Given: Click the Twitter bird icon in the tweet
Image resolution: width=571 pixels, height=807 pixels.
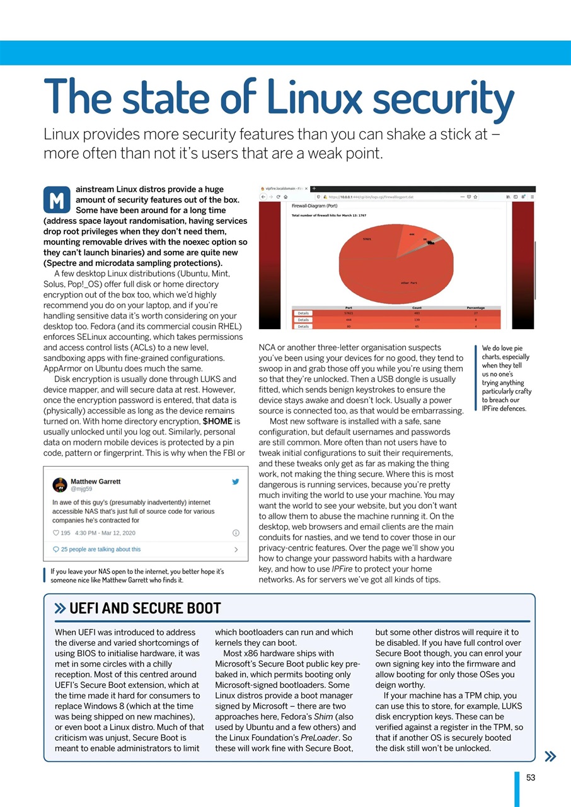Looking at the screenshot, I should pyautogui.click(x=236, y=482).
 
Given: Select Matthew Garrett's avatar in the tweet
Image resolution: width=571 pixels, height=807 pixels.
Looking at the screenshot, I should pyautogui.click(x=60, y=484).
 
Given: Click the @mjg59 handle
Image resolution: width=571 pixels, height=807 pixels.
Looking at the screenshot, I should pyautogui.click(x=82, y=489).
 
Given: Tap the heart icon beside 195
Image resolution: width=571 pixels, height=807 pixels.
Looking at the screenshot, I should pyautogui.click(x=55, y=533).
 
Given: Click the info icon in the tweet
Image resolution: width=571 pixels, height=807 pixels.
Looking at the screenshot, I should pyautogui.click(x=236, y=533).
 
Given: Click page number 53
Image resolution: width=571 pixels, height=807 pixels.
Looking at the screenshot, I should pyautogui.click(x=531, y=777).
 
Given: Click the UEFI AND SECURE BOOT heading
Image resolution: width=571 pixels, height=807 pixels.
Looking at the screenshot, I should pyautogui.click(x=145, y=608).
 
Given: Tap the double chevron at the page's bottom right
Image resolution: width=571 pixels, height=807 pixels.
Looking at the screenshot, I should pyautogui.click(x=550, y=756).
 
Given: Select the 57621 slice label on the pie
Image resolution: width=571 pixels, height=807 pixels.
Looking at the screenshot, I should pyautogui.click(x=367, y=239).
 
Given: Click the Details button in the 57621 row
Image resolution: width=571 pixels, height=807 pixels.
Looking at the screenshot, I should pyautogui.click(x=303, y=313).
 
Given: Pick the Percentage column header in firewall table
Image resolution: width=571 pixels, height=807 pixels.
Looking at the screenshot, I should pyautogui.click(x=476, y=308).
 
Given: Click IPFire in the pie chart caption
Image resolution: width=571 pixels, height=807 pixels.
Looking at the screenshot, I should pyautogui.click(x=495, y=409).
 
